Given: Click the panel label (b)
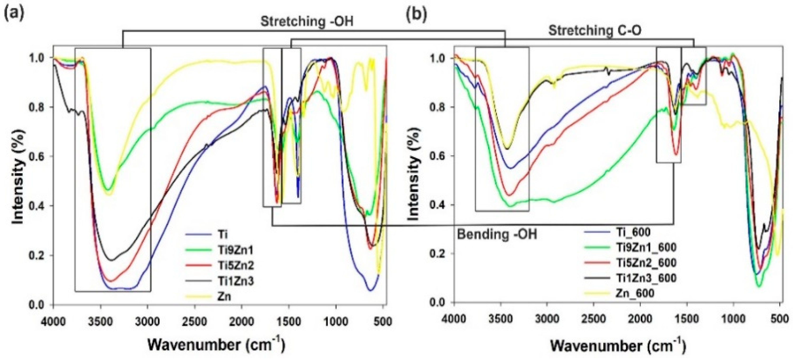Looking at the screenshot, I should click(417, 14).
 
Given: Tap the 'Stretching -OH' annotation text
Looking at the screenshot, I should click(307, 22).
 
